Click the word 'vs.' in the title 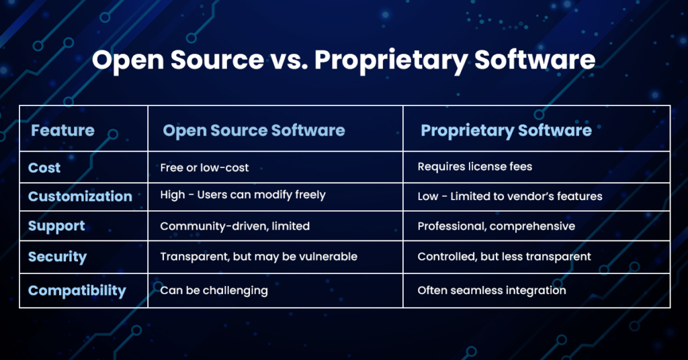click(289, 60)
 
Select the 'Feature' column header click(62, 130)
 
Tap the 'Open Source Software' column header click(253, 130)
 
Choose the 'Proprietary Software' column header click(506, 130)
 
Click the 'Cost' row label click(44, 167)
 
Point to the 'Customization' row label click(80, 196)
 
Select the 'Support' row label click(56, 226)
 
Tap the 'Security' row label click(57, 257)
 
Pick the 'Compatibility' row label click(77, 291)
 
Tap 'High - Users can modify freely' click(243, 195)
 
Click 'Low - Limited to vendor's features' click(509, 196)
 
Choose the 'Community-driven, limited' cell click(234, 226)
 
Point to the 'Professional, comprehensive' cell click(496, 226)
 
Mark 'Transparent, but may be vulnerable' click(258, 257)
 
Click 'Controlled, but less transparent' click(504, 257)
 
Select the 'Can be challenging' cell click(214, 291)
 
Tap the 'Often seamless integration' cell click(491, 291)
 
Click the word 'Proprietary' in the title click(389, 60)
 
